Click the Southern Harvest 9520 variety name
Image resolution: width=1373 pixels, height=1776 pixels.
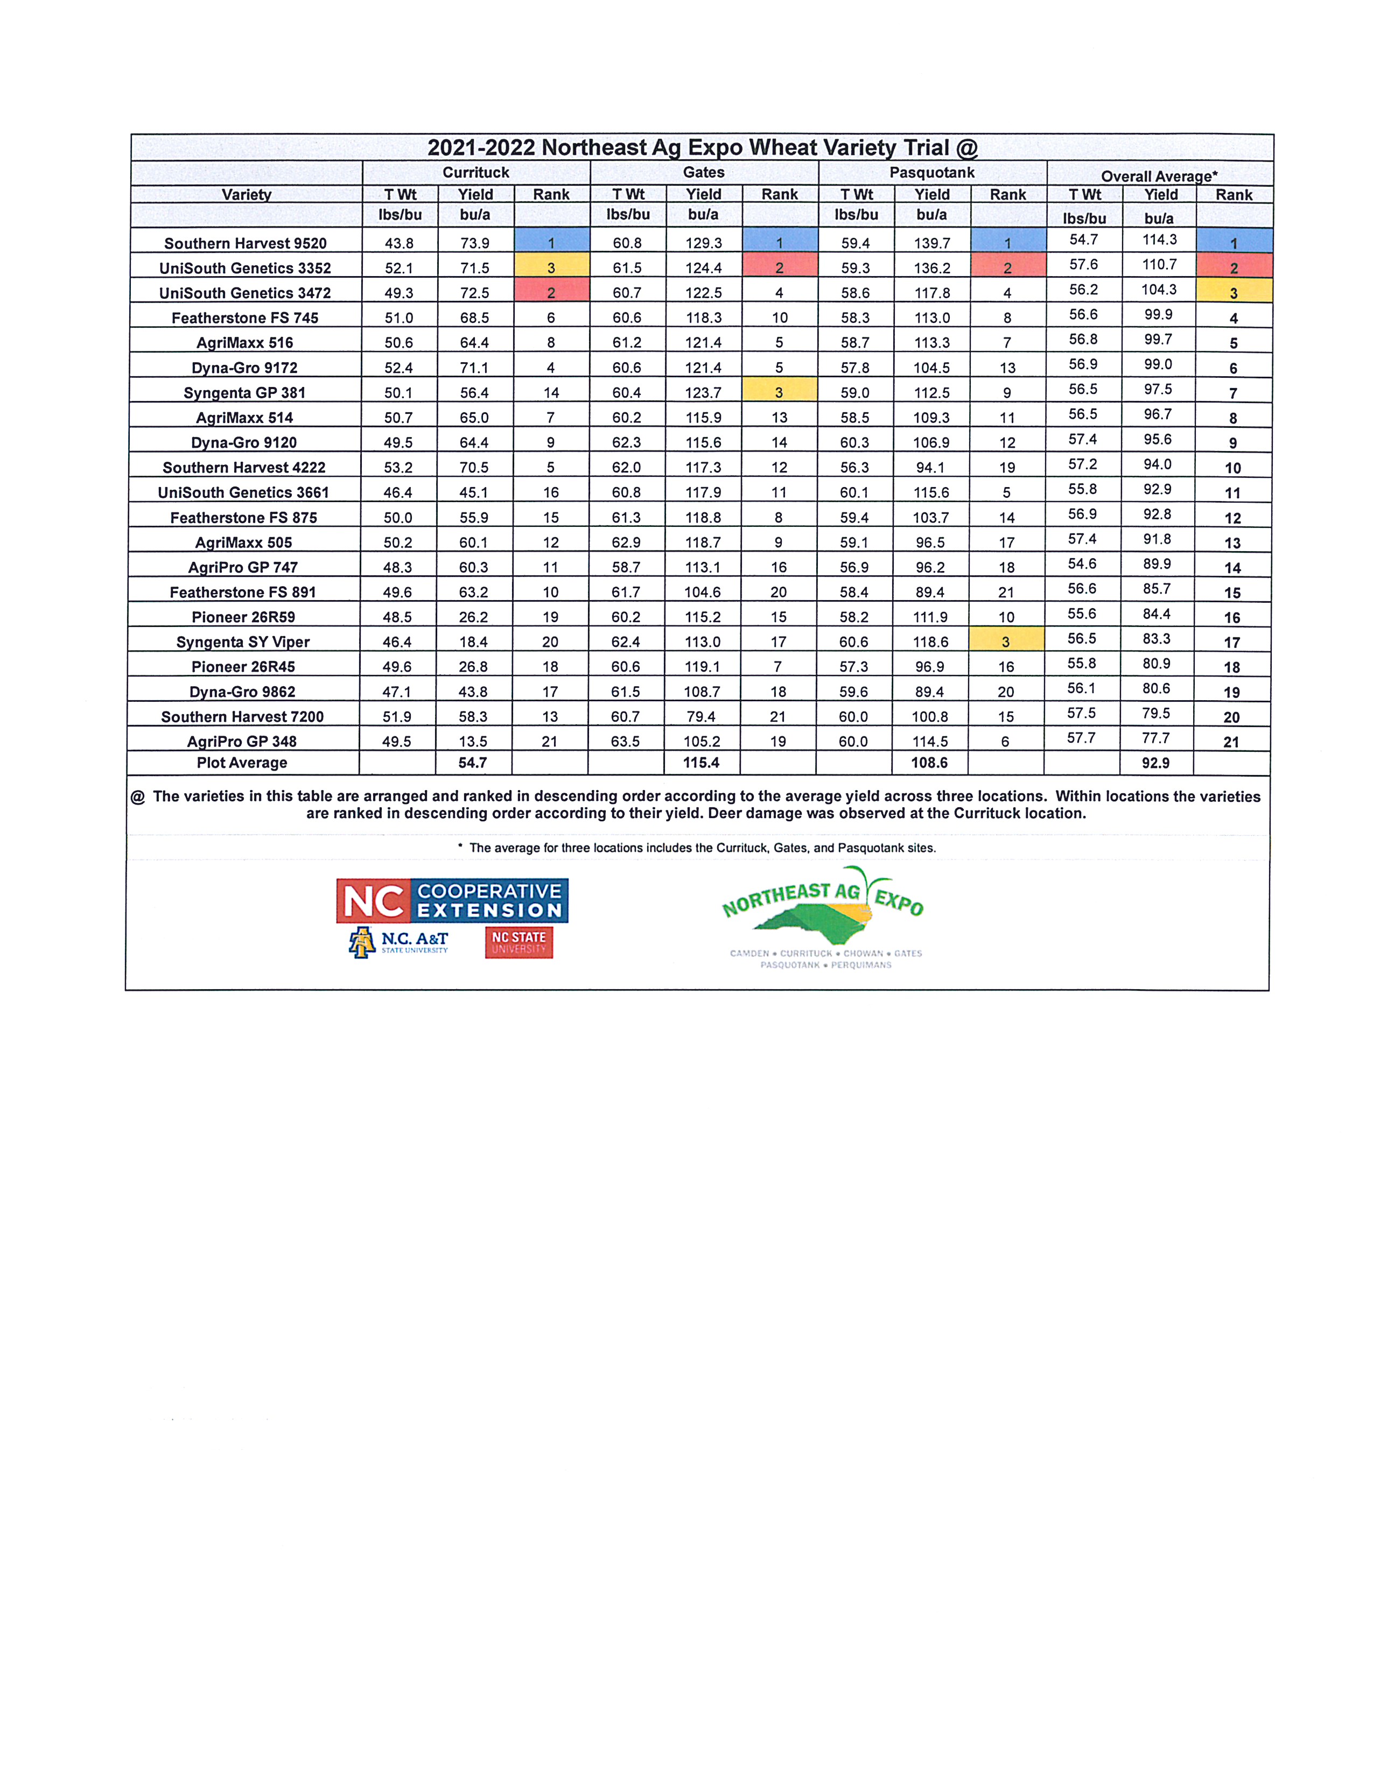coord(245,243)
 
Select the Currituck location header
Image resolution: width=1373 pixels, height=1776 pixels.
coord(476,172)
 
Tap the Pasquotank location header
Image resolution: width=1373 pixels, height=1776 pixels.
coord(931,172)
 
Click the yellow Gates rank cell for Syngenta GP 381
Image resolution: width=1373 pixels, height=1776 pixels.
coord(779,392)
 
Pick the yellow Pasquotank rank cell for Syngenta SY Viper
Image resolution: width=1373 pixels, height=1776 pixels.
coord(1006,642)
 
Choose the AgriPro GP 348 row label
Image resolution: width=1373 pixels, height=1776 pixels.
coord(242,742)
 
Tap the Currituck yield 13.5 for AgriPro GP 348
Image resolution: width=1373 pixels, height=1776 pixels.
coord(473,742)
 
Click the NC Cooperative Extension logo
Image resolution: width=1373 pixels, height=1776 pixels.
coord(452,900)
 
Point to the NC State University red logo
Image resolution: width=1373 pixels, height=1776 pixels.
coord(519,942)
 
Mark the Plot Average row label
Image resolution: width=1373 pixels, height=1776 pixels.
coord(242,763)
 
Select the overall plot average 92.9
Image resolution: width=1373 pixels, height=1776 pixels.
coord(1156,763)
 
